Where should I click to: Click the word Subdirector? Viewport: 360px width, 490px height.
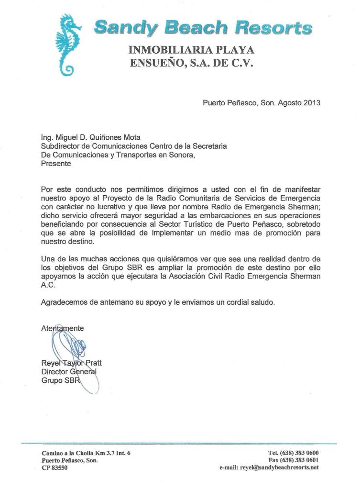tap(60, 147)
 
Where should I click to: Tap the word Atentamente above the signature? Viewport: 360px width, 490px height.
tap(63, 328)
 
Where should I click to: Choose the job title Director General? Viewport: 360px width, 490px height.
tap(69, 371)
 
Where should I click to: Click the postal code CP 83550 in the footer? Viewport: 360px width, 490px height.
tap(55, 468)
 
